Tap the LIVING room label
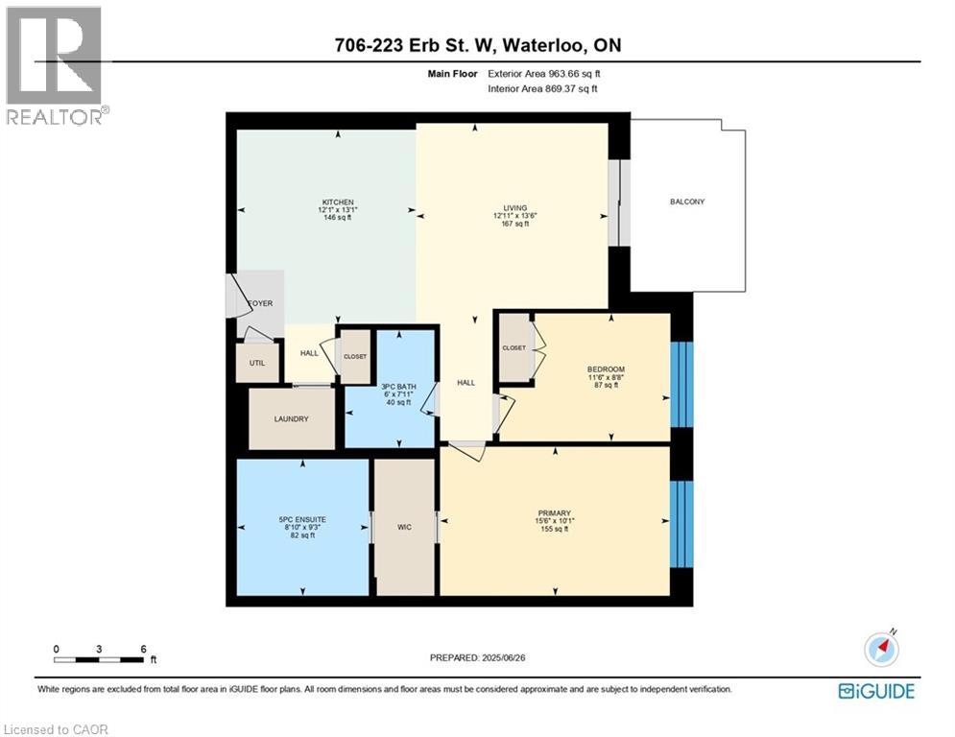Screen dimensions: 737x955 [x=516, y=206]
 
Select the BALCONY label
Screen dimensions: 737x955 [x=687, y=202]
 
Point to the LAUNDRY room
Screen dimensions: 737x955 [x=292, y=418]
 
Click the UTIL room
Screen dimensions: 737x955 [x=258, y=364]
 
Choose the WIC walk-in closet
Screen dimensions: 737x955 [x=404, y=526]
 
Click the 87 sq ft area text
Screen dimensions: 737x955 [x=606, y=386]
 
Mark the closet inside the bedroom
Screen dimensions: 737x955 [x=513, y=348]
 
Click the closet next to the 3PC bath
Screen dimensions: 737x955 [x=355, y=356]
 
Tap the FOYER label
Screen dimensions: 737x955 [x=260, y=303]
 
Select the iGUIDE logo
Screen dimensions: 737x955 [x=875, y=691]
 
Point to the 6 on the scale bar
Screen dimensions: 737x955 [x=143, y=649]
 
